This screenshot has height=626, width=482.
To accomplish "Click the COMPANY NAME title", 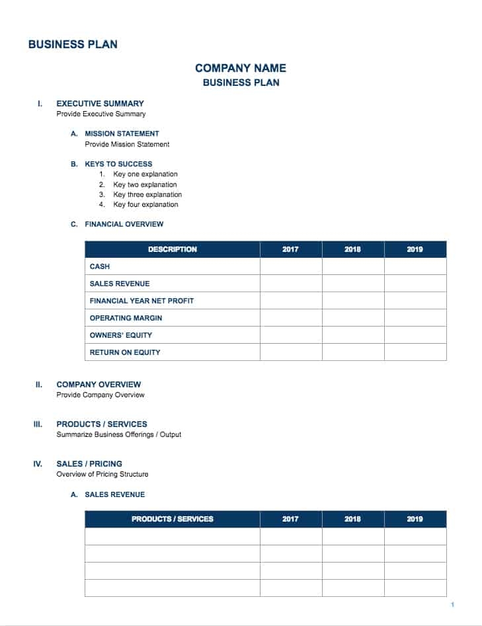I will pos(241,67).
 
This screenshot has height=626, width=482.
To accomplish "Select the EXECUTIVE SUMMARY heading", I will pos(100,103).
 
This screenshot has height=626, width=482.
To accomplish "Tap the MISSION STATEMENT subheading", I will pos(122,134).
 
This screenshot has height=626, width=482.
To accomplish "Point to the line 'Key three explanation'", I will pos(147,194).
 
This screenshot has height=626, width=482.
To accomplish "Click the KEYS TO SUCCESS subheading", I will pos(118,164).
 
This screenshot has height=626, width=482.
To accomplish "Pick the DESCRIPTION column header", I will pos(172,249).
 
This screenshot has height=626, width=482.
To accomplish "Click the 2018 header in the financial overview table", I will pos(352,249).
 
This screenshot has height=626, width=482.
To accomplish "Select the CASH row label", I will pos(100,266).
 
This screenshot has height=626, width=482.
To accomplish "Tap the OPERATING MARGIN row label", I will pos(126,318).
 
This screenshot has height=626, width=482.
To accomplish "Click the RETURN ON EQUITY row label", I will pos(125,352).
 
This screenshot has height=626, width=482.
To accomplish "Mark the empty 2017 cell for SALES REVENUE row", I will pos(290,284).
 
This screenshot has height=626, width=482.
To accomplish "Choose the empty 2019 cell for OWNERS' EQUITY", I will pos(415,335).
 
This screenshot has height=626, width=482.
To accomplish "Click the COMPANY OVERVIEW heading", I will pos(99,384).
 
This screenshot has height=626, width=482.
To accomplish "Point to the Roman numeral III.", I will pos(38,424).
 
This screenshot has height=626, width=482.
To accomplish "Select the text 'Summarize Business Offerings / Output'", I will pos(119,434).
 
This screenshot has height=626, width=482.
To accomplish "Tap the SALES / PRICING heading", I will pos(89,463).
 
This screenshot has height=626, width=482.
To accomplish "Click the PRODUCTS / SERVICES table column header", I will pos(172,519).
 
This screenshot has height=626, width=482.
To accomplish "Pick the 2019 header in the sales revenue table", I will pos(415,519).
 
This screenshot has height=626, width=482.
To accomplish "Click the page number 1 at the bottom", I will pos(452,605).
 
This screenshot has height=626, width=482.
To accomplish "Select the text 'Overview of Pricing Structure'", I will pos(102,474).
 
